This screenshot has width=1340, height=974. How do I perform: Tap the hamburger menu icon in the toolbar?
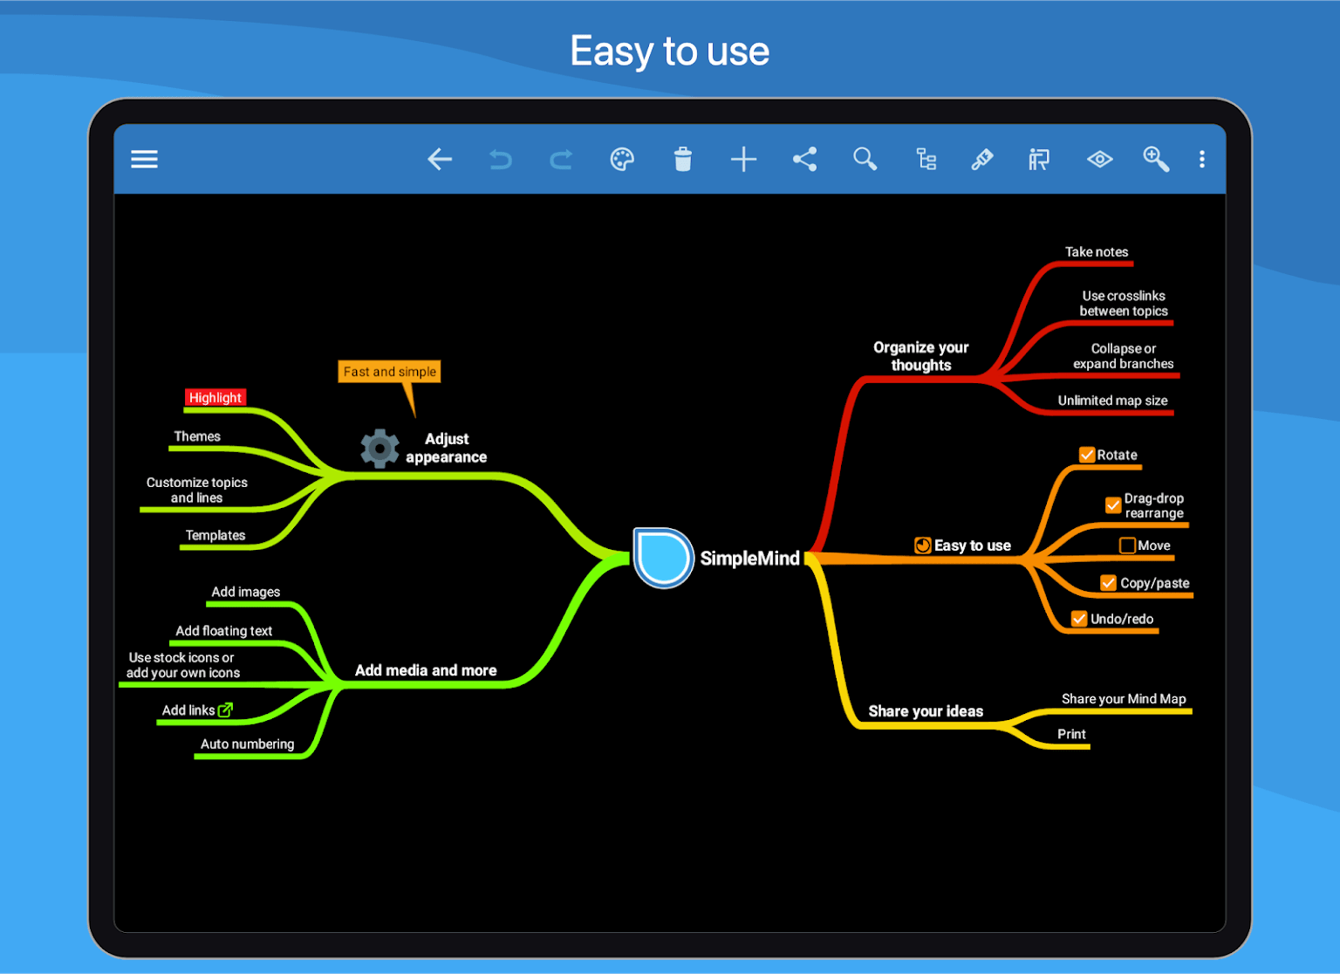(x=144, y=159)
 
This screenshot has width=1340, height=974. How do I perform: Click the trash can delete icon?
(x=682, y=159)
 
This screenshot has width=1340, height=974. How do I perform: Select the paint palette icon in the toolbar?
(x=622, y=159)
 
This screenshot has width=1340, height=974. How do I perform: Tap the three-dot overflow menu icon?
(x=1202, y=159)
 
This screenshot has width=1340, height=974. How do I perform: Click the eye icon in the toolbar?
(x=1099, y=159)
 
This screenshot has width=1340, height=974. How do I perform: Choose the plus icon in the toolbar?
(x=743, y=159)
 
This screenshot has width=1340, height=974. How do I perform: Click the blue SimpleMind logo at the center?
(x=663, y=558)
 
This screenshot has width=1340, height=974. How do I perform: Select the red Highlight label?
(x=215, y=397)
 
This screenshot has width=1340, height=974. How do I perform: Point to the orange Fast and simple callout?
(x=389, y=372)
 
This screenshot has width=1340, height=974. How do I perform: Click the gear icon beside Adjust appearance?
(x=379, y=448)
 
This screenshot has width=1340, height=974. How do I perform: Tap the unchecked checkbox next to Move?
(x=1127, y=545)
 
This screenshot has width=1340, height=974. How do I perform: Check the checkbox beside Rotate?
(x=1087, y=455)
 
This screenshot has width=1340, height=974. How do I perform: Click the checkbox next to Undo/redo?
(x=1079, y=619)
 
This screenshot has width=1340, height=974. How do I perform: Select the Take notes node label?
(x=1097, y=252)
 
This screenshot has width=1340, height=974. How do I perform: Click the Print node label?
(x=1071, y=734)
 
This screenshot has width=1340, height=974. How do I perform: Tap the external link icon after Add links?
(x=225, y=710)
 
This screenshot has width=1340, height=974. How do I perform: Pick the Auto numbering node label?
(x=247, y=744)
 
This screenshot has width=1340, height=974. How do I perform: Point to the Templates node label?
(x=215, y=535)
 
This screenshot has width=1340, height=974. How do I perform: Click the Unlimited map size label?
(x=1112, y=401)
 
